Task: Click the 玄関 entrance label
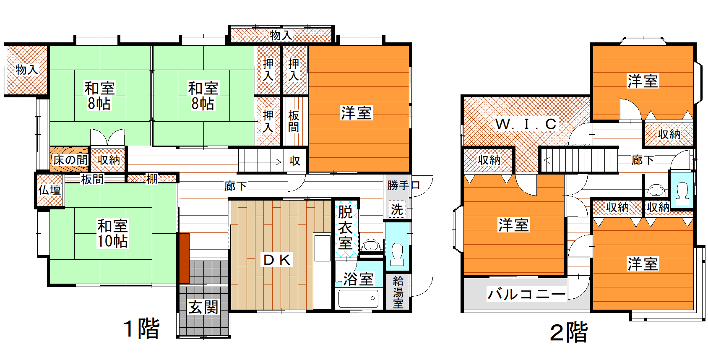coord(203,307)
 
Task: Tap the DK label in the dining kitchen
coord(277,260)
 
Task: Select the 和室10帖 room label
coord(112,234)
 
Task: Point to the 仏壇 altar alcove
coord(49,190)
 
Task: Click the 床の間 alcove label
coord(70,160)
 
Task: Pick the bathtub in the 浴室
coord(359,298)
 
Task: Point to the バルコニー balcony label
coord(526,294)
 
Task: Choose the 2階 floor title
coord(569,332)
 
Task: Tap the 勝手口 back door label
coord(403,185)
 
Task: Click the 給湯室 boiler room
coord(398,292)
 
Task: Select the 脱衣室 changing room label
coord(346,227)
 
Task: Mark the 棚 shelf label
coord(152,179)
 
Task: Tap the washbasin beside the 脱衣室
coord(371,245)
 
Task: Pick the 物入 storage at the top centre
coord(281,35)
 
